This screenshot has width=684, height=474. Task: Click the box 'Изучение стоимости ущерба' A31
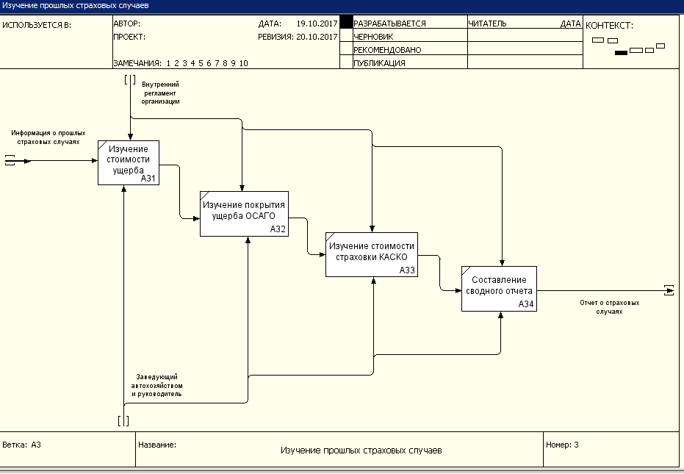tap(129, 163)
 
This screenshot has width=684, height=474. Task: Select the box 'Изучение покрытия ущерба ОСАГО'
tap(244, 214)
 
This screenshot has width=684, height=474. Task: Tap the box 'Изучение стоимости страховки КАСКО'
tap(372, 254)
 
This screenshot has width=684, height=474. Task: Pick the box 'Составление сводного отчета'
tap(499, 289)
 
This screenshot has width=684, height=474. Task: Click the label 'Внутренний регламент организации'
tap(160, 93)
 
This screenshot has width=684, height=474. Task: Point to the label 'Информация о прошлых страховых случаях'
tap(48, 137)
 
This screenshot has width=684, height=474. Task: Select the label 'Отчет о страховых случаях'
tap(609, 307)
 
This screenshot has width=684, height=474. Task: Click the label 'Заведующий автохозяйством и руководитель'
tap(157, 385)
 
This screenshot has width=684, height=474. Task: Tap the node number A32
tap(278, 229)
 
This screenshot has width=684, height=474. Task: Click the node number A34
tap(526, 304)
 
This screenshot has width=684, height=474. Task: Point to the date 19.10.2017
tap(317, 24)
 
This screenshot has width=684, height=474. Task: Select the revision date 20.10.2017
tap(317, 37)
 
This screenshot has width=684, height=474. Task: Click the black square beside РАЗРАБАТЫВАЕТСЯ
tap(346, 22)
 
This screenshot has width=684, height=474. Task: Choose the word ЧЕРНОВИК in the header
tap(373, 37)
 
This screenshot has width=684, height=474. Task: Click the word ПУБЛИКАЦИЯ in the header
tap(380, 63)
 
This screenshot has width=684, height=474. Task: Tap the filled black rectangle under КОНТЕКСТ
tap(622, 53)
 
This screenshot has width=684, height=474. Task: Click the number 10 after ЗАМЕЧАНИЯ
tap(243, 63)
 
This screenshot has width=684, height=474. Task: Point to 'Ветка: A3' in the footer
tap(22, 445)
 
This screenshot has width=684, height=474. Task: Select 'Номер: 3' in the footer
tap(562, 445)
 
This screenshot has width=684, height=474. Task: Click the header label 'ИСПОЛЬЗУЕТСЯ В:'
tap(37, 25)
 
